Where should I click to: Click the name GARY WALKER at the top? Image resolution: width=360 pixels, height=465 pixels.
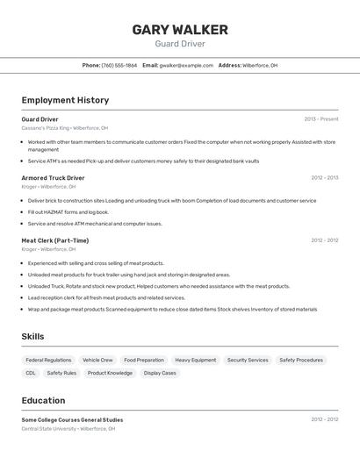click(180, 30)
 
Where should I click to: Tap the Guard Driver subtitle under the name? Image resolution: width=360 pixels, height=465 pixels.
click(180, 44)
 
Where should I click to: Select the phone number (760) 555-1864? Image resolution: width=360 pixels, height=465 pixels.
click(119, 65)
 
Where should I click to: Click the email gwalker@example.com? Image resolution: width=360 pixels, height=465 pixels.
click(185, 65)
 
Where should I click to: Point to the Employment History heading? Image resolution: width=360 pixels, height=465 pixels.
click(65, 100)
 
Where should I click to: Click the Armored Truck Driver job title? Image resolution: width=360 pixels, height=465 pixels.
click(53, 177)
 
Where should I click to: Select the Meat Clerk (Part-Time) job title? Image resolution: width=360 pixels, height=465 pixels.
click(54, 240)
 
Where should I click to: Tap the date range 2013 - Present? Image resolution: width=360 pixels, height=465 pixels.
click(320, 118)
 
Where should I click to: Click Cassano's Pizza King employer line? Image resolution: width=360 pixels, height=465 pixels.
click(65, 128)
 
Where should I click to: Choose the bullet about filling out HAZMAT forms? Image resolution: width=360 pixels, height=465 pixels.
click(68, 211)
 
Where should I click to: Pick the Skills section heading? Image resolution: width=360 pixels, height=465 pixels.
click(32, 336)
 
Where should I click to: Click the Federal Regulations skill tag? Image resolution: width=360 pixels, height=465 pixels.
click(48, 360)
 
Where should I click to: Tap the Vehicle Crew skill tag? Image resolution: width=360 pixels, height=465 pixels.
click(97, 360)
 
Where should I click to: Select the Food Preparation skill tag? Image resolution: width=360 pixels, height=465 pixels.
click(144, 360)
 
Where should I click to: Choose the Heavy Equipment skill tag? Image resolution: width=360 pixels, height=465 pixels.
click(195, 360)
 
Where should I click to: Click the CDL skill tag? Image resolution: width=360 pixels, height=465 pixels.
click(31, 373)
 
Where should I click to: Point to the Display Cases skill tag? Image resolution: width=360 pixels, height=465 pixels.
click(160, 373)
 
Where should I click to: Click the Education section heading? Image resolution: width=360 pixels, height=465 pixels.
click(43, 400)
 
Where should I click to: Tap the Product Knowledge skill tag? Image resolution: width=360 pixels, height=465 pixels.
click(110, 373)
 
